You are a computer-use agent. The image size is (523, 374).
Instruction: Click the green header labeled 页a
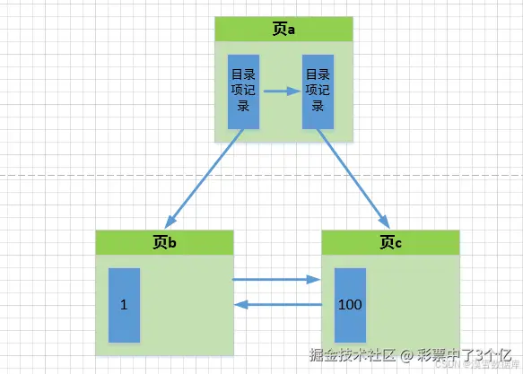coord(283,30)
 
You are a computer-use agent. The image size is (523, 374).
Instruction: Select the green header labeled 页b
coord(164,242)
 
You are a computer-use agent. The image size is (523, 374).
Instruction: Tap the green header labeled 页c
coord(390,242)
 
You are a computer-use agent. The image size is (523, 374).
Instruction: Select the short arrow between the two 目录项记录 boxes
coord(281,91)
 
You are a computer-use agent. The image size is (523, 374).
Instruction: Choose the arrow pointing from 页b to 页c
coord(277,280)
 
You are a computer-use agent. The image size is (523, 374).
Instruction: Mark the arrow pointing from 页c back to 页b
coord(277,305)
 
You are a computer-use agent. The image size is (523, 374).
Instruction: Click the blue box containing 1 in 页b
coord(124,305)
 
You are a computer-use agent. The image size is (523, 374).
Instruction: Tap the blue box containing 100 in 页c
coord(350,305)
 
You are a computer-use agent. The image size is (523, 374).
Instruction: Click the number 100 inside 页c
coord(350,305)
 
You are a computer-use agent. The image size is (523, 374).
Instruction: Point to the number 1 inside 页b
coord(124,305)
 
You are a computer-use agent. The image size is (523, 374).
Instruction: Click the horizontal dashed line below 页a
coord(90,174)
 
